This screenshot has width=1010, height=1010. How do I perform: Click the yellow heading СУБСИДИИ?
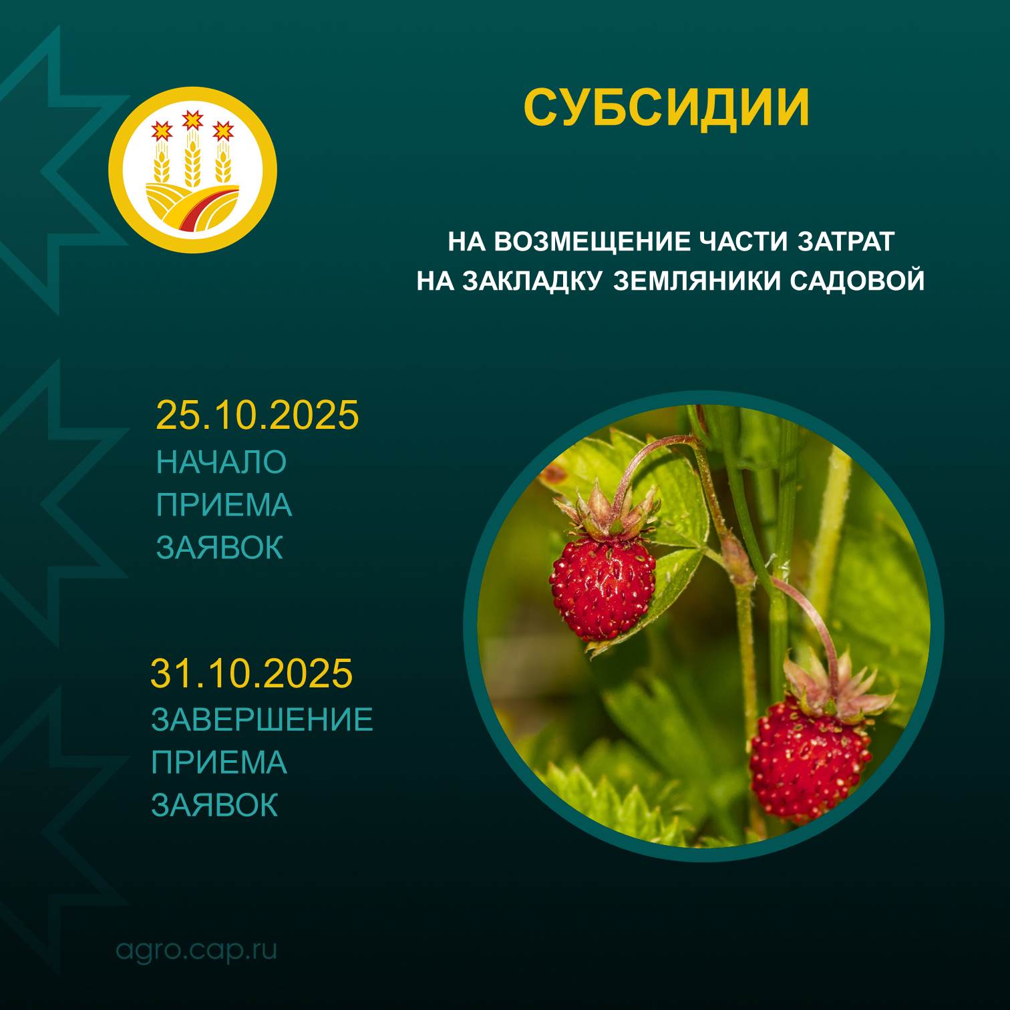(x=666, y=107)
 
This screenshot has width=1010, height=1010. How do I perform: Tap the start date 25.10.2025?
(x=257, y=415)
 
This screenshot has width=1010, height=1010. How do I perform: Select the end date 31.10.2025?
(x=251, y=673)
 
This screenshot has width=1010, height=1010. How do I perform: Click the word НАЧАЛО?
(x=221, y=462)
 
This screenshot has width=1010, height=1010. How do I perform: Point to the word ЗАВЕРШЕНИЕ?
(x=262, y=719)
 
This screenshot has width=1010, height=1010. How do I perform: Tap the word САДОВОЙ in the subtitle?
(x=858, y=281)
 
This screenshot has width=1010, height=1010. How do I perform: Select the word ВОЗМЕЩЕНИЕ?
(x=595, y=241)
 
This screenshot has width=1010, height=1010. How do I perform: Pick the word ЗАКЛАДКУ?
(x=534, y=281)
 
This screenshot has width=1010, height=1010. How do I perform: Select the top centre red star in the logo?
(x=192, y=120)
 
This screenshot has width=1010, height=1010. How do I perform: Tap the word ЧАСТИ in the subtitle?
(x=746, y=241)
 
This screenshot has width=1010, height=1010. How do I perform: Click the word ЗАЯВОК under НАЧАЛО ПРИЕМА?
(x=220, y=547)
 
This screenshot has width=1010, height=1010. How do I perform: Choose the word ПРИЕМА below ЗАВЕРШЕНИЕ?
(x=219, y=762)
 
